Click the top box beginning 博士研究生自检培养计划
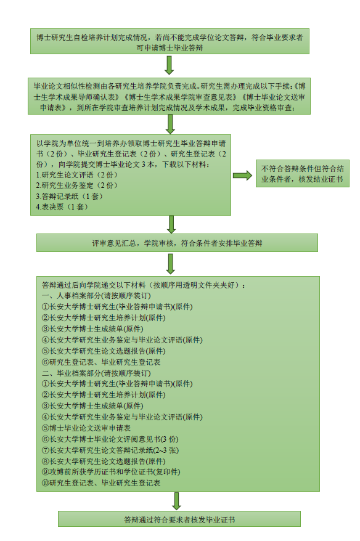pos(170,41)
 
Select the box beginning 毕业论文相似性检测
pos(169,96)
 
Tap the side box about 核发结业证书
pos(302,174)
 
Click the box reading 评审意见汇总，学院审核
pos(177,243)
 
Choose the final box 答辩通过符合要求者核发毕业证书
pos(179,519)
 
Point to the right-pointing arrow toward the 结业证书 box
pos(243,176)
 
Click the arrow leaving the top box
pos(169,65)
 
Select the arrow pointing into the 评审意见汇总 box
pos(171,224)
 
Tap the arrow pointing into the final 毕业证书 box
pos(176,501)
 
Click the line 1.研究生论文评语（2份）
pos(77,175)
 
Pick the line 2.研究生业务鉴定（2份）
pos(77,185)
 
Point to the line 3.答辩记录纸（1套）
pos(70,197)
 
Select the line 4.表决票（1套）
pos(62,207)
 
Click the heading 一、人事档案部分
pos(96,296)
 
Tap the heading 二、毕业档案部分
pos(96,373)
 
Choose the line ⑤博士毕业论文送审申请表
pos(86,428)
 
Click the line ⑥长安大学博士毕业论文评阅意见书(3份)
pos(110,439)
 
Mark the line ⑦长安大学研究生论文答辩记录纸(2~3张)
pos(110,450)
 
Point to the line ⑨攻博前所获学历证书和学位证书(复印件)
pos(111,471)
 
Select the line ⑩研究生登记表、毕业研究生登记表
pos(101,482)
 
